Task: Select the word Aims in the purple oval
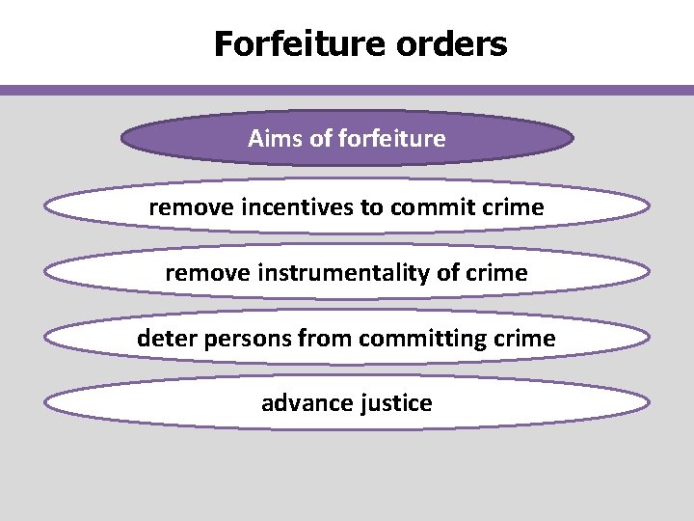click(x=275, y=139)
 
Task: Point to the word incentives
click(x=285, y=207)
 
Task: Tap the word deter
click(x=165, y=339)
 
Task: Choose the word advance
click(x=299, y=403)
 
